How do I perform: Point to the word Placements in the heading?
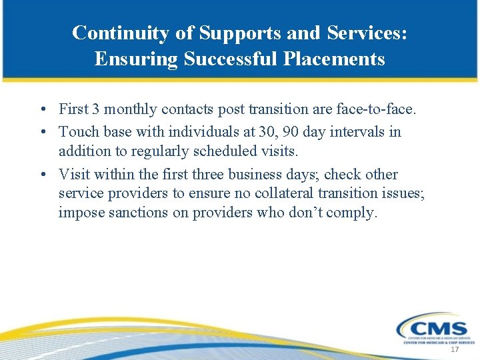click(334, 59)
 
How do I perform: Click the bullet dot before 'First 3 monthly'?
click(42, 109)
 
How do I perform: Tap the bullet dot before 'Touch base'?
click(42, 132)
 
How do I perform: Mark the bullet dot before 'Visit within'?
click(42, 175)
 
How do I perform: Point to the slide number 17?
click(455, 350)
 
